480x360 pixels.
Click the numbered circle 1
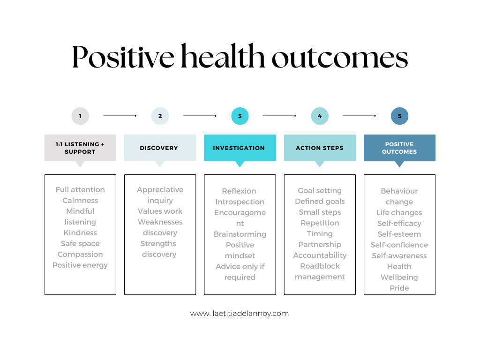click(80, 116)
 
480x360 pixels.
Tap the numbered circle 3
click(240, 116)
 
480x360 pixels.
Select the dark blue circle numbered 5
click(399, 116)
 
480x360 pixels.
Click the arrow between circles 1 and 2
click(120, 116)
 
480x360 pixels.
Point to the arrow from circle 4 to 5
click(360, 116)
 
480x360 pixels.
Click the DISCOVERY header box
click(160, 148)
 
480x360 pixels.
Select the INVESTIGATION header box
click(240, 148)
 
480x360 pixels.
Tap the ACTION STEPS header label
click(320, 148)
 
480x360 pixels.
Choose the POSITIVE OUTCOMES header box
click(399, 148)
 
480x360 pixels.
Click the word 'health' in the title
click(223, 56)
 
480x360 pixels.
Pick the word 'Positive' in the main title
click(123, 57)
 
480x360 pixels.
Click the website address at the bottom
click(240, 314)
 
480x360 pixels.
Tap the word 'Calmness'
click(80, 200)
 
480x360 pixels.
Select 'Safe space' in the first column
click(80, 243)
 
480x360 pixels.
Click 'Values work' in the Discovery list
click(160, 211)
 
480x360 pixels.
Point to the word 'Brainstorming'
click(240, 234)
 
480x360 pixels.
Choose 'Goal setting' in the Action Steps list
click(320, 190)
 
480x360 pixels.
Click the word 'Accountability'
click(320, 255)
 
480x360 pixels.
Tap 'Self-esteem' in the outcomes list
click(399, 234)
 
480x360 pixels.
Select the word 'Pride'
click(399, 288)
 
